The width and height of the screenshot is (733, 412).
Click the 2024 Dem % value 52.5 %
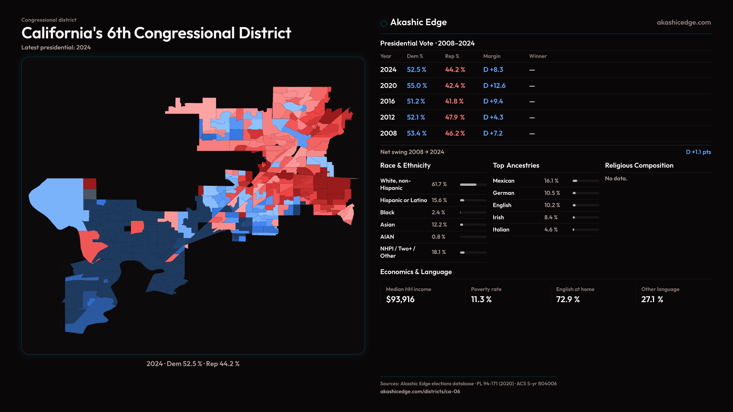pos(416,70)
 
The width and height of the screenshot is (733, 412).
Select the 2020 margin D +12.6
pos(494,86)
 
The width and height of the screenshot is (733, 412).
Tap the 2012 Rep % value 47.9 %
pos(455,117)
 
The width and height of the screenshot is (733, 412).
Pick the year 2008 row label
pos(388,134)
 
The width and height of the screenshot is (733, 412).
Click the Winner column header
pos(538,56)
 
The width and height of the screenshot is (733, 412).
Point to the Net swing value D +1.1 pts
pos(698,152)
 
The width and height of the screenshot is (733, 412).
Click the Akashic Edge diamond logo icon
pos(384,23)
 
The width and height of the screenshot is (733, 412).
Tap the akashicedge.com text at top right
pos(684,23)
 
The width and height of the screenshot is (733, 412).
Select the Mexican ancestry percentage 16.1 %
pos(551,181)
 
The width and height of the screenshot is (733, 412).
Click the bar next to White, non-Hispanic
pos(473,185)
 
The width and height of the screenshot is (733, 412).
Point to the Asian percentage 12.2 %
pos(439,225)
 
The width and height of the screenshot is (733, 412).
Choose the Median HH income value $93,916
pos(400,299)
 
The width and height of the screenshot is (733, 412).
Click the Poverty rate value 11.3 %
pos(481,299)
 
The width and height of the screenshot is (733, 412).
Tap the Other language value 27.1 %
pos(652,299)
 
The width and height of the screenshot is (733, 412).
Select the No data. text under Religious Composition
pos(616,179)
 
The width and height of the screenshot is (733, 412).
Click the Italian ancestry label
pos(501,230)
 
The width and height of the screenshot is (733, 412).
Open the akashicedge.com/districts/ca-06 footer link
pos(420,391)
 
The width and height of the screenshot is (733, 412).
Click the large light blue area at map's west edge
pos(57,202)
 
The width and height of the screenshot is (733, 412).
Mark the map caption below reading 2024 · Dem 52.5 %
pos(193,364)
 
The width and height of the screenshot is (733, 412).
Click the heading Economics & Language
pos(416,272)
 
